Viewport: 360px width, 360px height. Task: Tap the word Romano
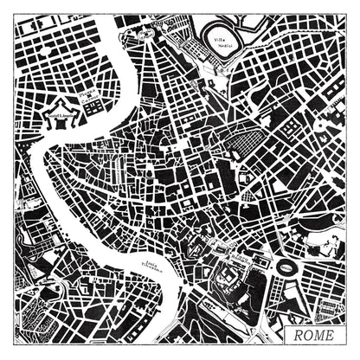[244, 260]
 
